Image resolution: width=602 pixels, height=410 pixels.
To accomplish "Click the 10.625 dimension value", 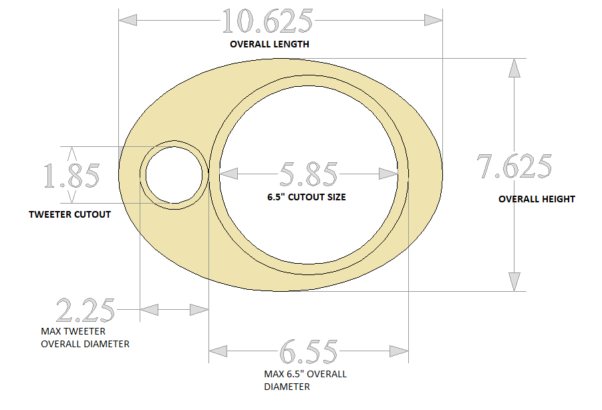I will coord(267,21).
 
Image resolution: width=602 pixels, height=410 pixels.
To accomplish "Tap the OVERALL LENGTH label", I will coord(269,45).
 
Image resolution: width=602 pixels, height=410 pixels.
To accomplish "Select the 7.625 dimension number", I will coord(514,167).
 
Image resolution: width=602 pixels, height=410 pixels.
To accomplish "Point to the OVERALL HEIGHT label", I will coord(537,199).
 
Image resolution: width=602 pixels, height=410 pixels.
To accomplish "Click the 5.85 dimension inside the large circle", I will coord(308,174).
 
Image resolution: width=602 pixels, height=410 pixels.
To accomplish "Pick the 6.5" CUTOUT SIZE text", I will coord(307,197).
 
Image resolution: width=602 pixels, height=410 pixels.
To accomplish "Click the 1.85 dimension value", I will coord(71,176).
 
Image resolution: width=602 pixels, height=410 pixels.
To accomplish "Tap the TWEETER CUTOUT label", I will coord(69,214).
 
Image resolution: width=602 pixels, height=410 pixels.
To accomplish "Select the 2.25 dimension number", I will coord(86,311).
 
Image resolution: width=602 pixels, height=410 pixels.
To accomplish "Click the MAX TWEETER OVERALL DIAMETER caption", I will coord(85,337).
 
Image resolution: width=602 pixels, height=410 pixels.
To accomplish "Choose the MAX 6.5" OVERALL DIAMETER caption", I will coord(305,380).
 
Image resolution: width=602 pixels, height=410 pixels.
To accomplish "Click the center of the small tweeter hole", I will coord(174,175).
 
